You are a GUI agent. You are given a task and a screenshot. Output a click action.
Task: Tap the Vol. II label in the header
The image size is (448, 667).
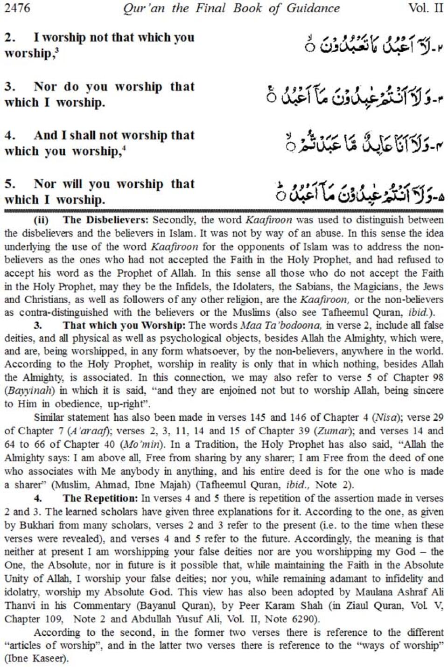[x=426, y=8]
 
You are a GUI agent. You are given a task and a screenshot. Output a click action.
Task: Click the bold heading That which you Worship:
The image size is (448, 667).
[x=124, y=325]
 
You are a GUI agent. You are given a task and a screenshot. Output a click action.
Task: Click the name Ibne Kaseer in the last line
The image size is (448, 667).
[x=35, y=659]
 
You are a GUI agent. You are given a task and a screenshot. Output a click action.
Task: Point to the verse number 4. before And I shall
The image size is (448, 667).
[x=10, y=136]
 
